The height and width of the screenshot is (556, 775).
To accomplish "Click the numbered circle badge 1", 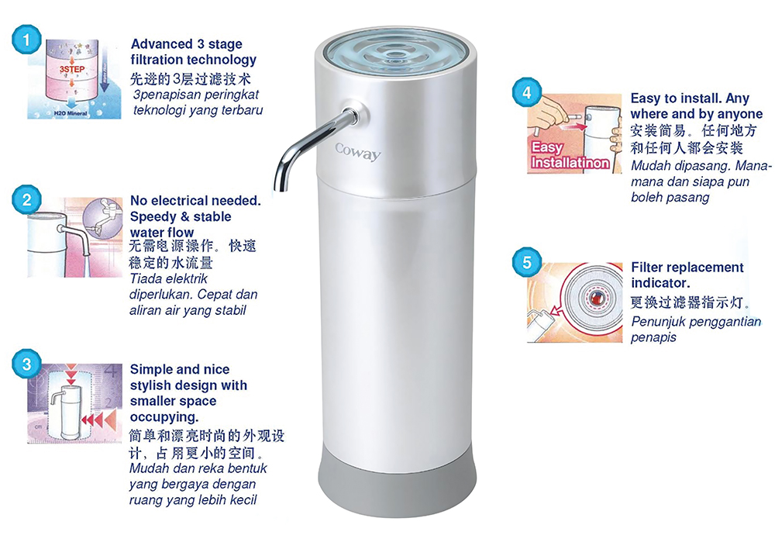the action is (x=26, y=39).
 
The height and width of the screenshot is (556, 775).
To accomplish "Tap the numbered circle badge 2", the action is (x=26, y=199).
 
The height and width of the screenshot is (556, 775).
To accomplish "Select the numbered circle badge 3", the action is (x=26, y=364).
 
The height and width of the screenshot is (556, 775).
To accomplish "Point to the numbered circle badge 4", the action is (x=527, y=92).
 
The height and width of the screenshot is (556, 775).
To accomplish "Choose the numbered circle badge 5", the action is (x=527, y=261).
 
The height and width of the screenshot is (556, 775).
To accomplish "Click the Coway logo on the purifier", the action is (x=358, y=151).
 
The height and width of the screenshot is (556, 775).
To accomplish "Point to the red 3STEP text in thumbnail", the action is (x=72, y=69).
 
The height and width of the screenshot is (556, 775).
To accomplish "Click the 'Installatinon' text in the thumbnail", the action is (x=570, y=163).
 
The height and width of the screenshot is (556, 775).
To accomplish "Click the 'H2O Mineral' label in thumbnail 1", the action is (x=71, y=113).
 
